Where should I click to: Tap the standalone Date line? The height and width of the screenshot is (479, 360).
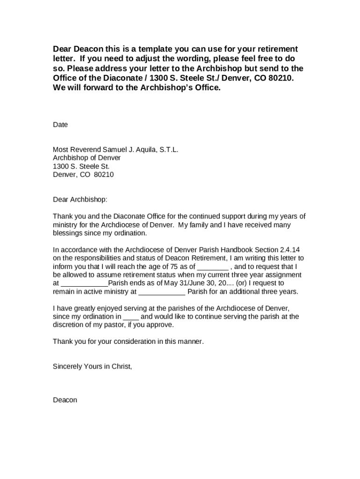60,125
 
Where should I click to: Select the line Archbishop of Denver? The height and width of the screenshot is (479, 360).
86,158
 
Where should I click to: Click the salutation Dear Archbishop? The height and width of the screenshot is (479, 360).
80,200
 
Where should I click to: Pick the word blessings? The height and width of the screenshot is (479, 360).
68,233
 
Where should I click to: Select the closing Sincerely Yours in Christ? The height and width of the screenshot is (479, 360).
93,367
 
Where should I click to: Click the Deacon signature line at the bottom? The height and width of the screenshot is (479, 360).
65,400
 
